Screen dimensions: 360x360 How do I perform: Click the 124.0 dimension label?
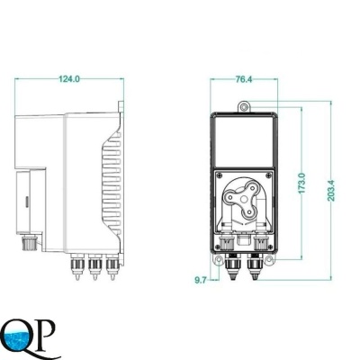click(x=69, y=79)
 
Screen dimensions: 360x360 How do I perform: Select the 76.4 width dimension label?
click(x=244, y=79)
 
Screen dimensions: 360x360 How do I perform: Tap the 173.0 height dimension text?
click(x=301, y=183)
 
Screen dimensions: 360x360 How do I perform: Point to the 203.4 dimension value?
click(x=332, y=191)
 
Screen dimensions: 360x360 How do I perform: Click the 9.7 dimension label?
click(x=201, y=280)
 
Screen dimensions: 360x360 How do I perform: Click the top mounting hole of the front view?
click(x=244, y=107)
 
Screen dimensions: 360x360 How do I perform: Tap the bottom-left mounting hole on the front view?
click(x=219, y=259)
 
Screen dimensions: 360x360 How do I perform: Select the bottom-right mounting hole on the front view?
click(x=269, y=259)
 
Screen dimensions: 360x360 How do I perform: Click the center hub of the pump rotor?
click(x=244, y=199)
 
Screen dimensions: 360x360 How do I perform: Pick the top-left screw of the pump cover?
click(x=220, y=175)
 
